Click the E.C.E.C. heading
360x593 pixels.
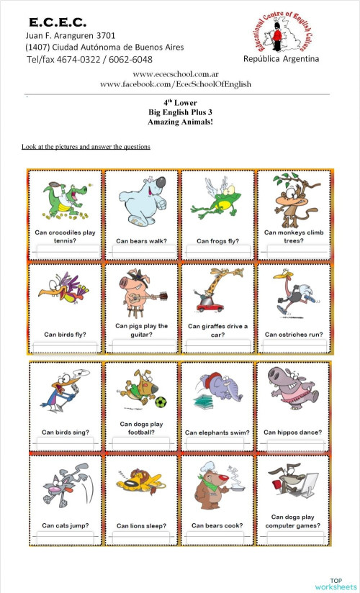(58, 22)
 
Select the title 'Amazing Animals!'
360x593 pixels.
(179, 122)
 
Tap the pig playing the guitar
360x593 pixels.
(141, 294)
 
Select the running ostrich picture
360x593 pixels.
(293, 294)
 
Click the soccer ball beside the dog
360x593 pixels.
(161, 402)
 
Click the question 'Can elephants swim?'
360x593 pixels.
(217, 433)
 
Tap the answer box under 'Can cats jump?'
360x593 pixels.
(66, 539)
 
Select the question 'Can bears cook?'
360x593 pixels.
(217, 525)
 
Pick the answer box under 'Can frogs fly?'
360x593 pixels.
(217, 251)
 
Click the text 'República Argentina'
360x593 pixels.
(282, 59)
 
